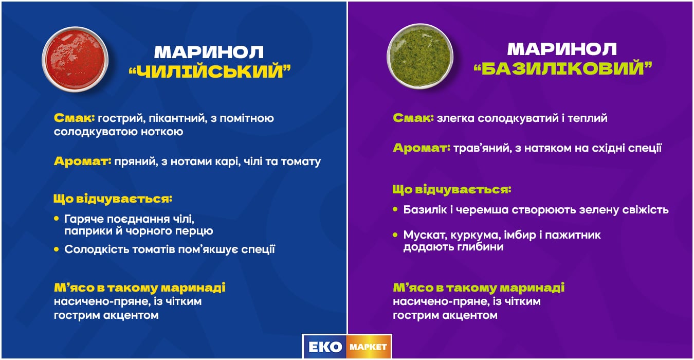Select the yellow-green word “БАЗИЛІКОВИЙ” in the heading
pos(562,68)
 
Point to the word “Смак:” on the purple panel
pos(413,118)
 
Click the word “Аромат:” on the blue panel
pos(82,161)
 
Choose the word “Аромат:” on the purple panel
pos(422,149)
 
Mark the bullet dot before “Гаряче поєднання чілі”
pos(57,219)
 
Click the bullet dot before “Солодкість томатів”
pos(57,249)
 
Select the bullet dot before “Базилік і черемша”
pos(395,210)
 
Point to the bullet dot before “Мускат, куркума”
pos(395,235)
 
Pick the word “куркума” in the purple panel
pos(472,235)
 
